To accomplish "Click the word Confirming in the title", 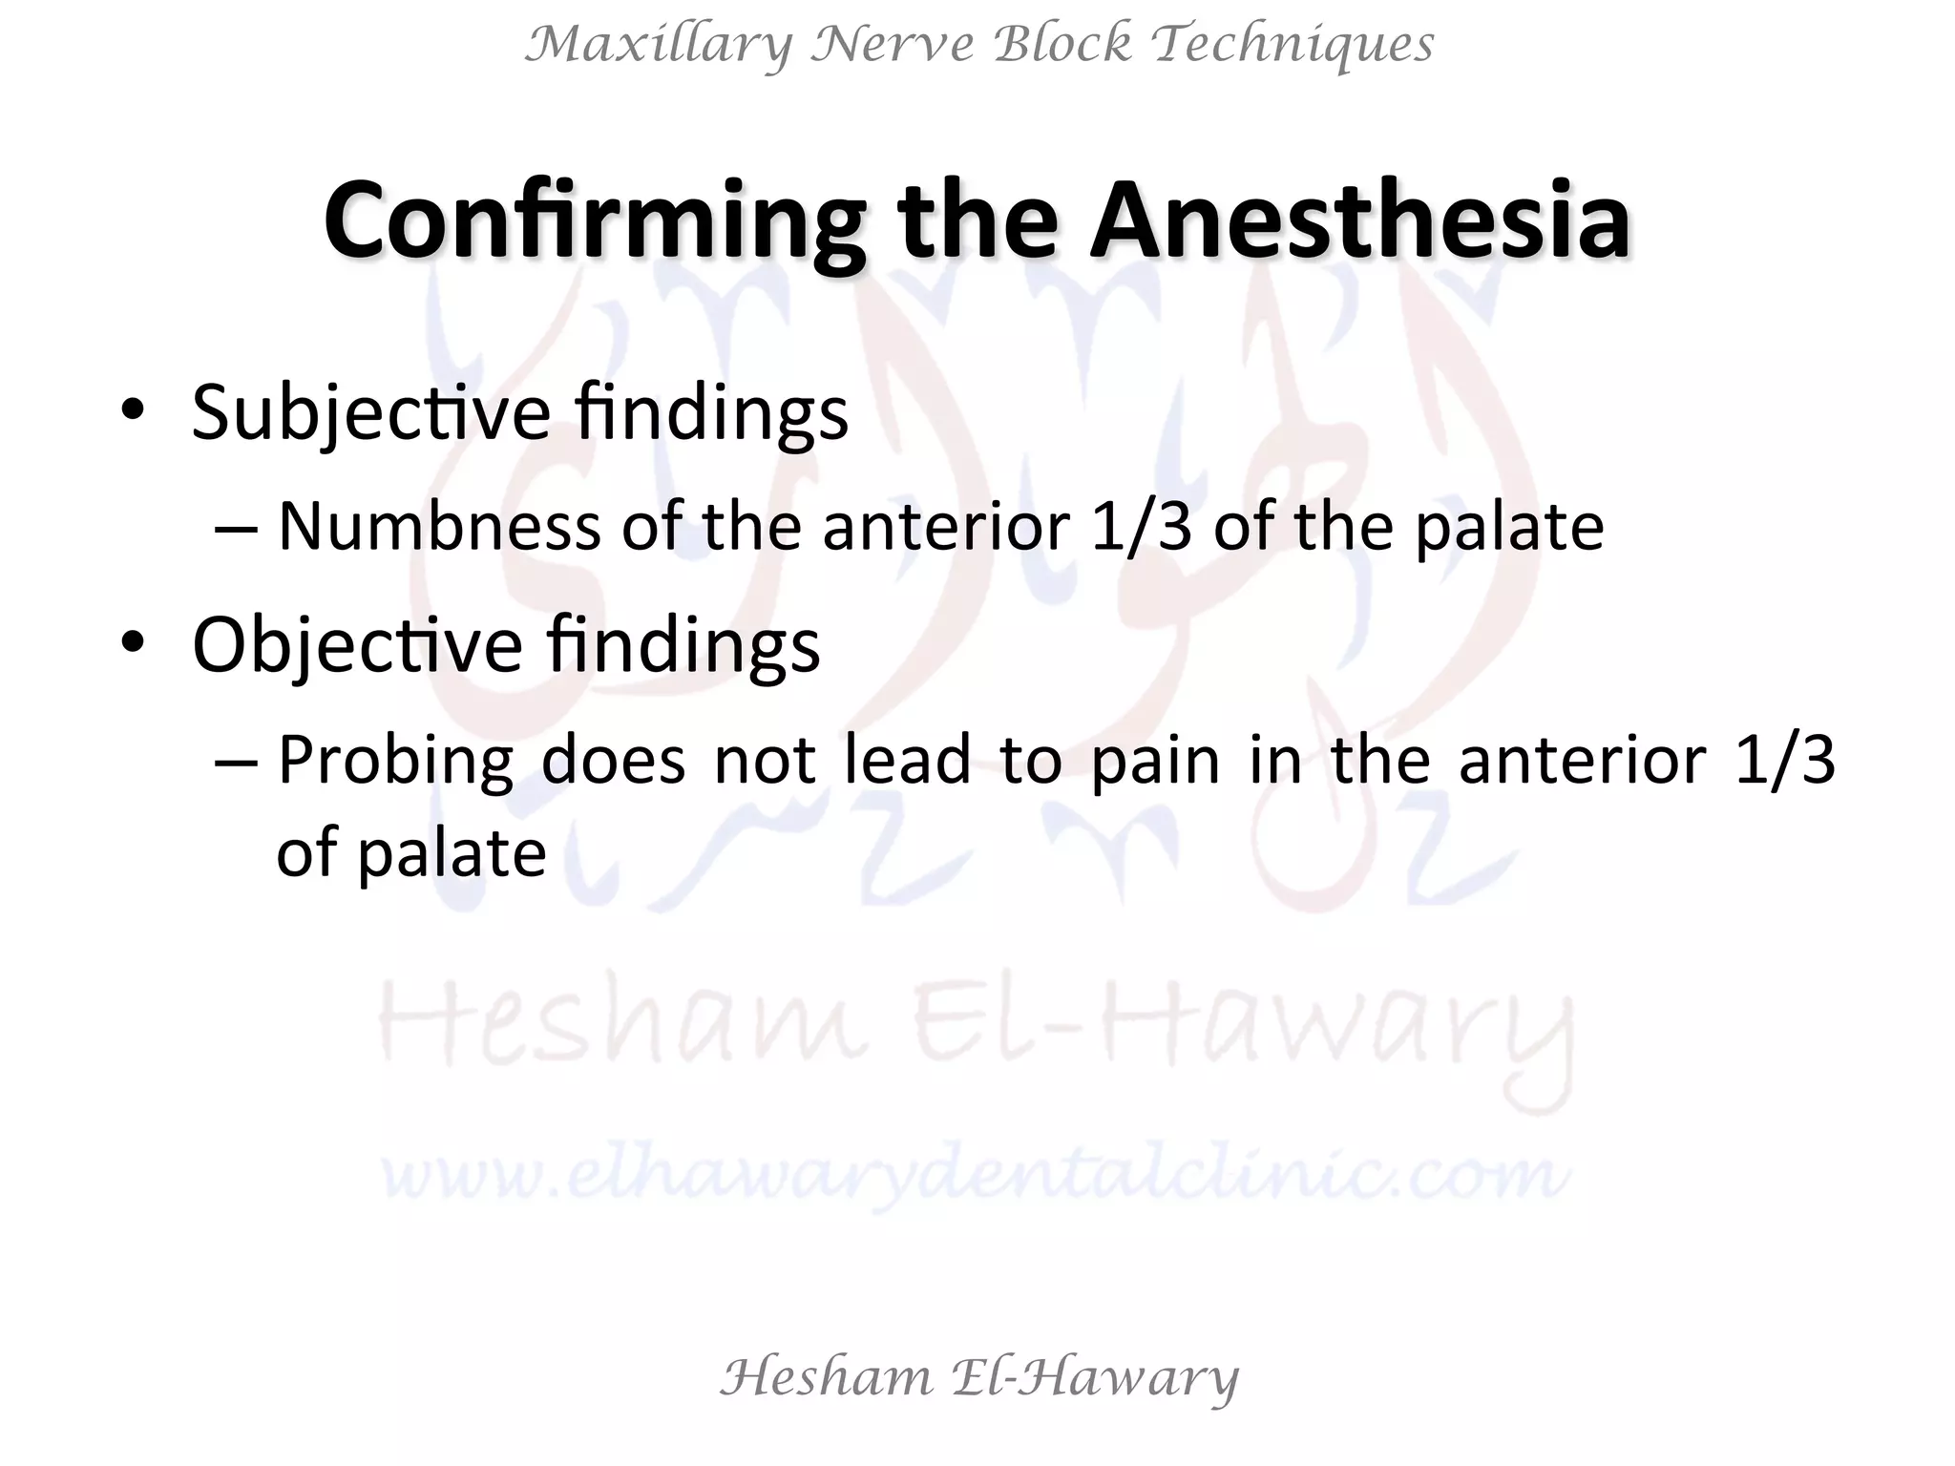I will coord(593,221).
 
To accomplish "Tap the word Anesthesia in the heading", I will coord(1359,221).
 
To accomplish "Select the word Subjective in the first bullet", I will coord(370,412).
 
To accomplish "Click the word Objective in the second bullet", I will coord(357,645).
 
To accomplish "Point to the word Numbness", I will coord(439,526).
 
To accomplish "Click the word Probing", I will coord(395,761).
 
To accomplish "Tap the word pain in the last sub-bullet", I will coord(1155,761).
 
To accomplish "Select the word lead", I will coord(907,761).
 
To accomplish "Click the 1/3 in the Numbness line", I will coord(1141,526).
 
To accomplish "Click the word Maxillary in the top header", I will coord(659,45).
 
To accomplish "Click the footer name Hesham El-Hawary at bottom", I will coord(978,1377).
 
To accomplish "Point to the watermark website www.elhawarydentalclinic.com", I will coord(976,1173).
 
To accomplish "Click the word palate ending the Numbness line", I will coord(1508,526).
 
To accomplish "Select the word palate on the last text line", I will coord(451,852).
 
